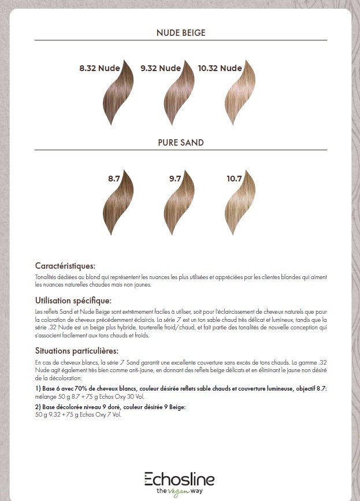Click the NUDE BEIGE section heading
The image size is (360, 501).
[x=180, y=33]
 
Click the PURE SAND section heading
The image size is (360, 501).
[x=180, y=142]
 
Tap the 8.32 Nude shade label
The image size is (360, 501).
[x=99, y=68]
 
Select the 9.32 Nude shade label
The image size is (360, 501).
[x=161, y=68]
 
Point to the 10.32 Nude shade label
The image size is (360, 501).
[x=220, y=68]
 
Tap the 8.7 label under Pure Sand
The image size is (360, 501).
[x=114, y=179]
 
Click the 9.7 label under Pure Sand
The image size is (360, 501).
[x=175, y=179]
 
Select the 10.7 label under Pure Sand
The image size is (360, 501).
[x=234, y=179]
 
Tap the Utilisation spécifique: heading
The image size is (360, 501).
[x=73, y=300]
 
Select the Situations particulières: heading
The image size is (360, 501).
[x=77, y=351]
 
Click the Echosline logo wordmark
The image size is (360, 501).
[x=179, y=479]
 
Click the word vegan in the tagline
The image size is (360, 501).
[x=180, y=491]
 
